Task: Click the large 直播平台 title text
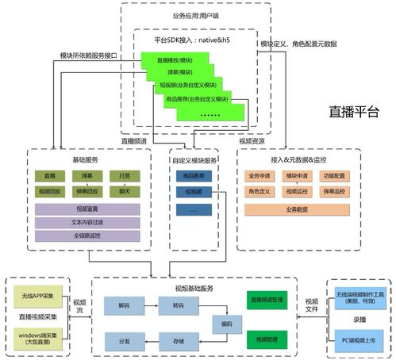(354, 111)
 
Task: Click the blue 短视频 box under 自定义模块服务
(194, 191)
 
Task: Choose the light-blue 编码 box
(226, 324)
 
